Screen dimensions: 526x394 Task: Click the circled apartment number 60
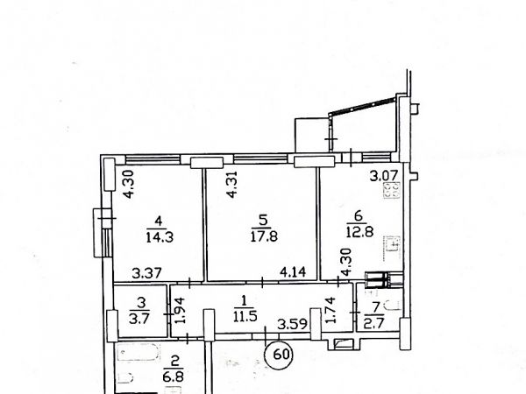tap(279, 355)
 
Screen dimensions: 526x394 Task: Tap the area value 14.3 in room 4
tap(160, 237)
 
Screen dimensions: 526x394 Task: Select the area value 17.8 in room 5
tap(264, 237)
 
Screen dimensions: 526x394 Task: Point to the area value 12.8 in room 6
tap(360, 232)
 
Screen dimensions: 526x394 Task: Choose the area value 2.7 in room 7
tap(374, 322)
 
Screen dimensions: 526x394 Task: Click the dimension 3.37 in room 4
tap(147, 273)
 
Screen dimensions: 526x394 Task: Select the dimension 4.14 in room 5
tap(293, 272)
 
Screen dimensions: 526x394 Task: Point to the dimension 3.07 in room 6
tap(384, 176)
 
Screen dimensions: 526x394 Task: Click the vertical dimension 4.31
tap(231, 185)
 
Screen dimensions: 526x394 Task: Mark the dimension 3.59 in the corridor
tap(292, 324)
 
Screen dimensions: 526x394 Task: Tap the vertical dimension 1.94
tap(181, 311)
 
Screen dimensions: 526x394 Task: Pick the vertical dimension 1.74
tap(331, 310)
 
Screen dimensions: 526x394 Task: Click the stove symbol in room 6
tap(392, 190)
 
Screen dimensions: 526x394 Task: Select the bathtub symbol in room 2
tap(139, 354)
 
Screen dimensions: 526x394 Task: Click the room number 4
tap(159, 221)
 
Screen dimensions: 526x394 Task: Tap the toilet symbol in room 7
tap(392, 306)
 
